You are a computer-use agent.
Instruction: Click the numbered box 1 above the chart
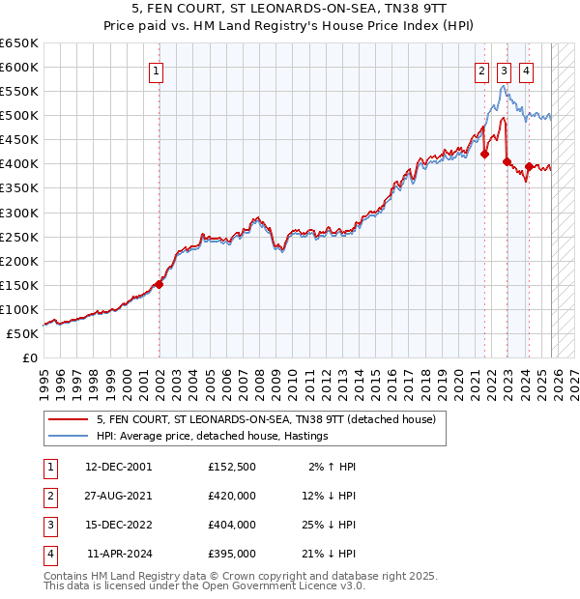coord(156,70)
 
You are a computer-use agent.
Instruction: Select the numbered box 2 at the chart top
coord(481,70)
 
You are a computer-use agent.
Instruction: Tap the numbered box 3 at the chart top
coord(504,70)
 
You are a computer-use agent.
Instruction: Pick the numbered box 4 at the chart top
coord(526,70)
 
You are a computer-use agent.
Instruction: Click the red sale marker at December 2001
coord(159,284)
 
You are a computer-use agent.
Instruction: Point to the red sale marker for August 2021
coord(484,155)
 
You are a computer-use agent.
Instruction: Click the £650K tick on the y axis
coord(19,43)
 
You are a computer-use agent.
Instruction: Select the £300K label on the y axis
coord(19,213)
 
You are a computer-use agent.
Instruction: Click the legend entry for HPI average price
coord(213,436)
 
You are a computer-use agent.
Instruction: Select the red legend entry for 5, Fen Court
coord(266,419)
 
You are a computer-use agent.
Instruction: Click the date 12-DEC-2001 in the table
coord(119,466)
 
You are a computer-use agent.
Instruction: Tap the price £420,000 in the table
coord(232,495)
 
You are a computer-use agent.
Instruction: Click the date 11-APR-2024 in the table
coord(119,554)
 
